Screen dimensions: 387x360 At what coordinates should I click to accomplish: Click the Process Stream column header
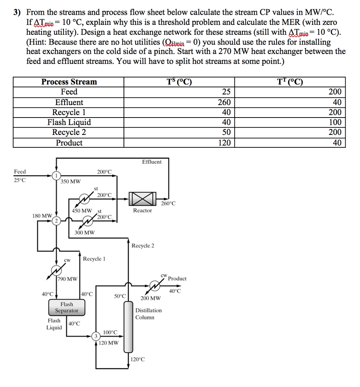click(x=69, y=82)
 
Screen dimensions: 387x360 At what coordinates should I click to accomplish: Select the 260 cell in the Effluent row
click(x=224, y=102)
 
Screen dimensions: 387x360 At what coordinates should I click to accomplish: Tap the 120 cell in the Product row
click(x=224, y=143)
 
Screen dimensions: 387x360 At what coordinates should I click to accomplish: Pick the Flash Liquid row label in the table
click(x=69, y=122)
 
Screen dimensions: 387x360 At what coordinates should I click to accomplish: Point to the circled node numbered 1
click(x=56, y=176)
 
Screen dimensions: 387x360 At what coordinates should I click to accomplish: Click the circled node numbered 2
click(x=56, y=221)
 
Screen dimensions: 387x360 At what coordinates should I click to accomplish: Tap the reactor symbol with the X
click(x=142, y=198)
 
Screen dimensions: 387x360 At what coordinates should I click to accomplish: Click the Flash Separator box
click(x=66, y=307)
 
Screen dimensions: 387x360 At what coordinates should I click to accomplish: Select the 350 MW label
click(x=70, y=181)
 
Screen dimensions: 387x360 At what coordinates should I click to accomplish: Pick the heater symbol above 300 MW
click(x=89, y=220)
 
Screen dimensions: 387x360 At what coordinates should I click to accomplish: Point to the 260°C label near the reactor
click(x=168, y=204)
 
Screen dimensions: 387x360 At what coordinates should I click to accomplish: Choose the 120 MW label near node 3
click(x=109, y=343)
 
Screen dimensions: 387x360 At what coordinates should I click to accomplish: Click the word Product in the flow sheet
click(x=177, y=279)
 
